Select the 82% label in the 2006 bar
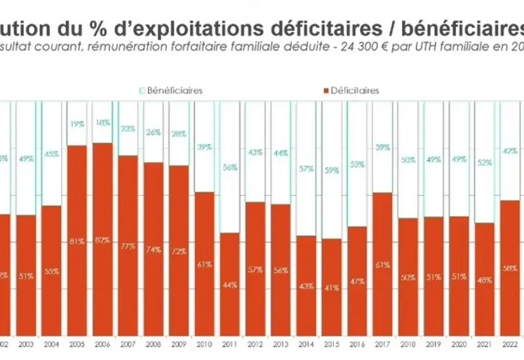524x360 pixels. point(102,240)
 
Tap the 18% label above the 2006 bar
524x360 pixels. point(102,122)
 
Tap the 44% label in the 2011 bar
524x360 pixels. point(229,285)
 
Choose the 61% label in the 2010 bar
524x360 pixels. point(204,265)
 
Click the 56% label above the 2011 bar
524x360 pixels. point(229,167)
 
